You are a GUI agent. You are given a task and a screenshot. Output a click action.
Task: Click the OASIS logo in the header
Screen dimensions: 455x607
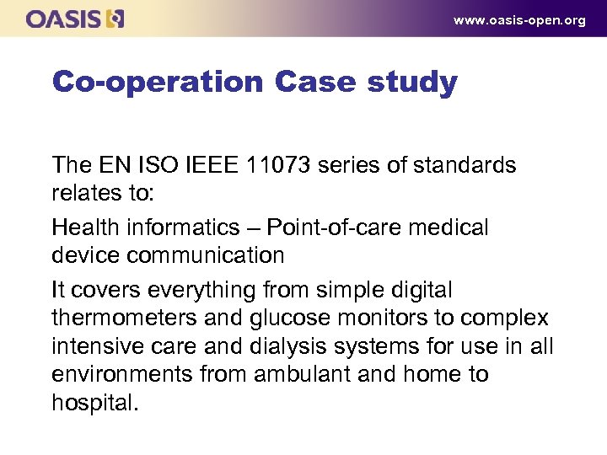[75, 19]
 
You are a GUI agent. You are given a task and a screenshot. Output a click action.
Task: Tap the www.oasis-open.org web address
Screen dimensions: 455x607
[519, 20]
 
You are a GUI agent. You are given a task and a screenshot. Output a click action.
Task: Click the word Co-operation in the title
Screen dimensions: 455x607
[158, 83]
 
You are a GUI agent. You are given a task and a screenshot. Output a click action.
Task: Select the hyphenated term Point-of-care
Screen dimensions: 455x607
[341, 227]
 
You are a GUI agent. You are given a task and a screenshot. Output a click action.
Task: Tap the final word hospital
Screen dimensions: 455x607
[93, 402]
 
